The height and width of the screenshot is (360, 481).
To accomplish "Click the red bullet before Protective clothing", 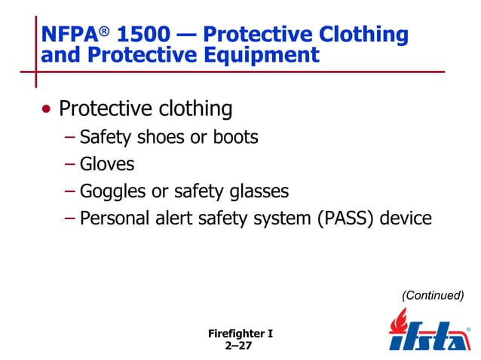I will point(48,110).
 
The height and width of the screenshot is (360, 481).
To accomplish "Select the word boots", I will point(235,138).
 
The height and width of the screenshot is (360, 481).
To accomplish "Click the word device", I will point(406,219).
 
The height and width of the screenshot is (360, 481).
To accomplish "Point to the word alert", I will point(160,219).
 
